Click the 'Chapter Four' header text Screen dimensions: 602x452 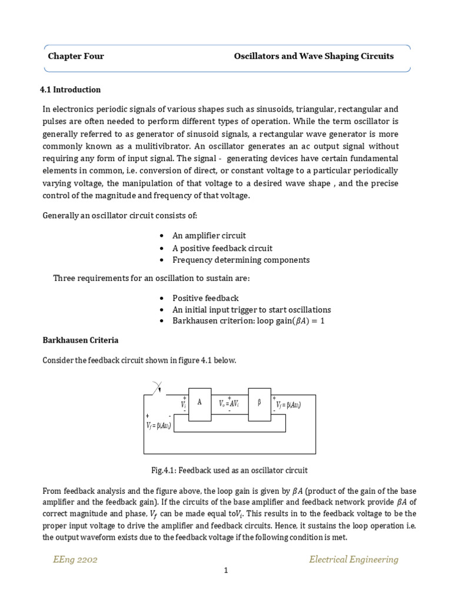(x=75, y=56)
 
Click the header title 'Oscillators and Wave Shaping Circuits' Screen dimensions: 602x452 (x=314, y=56)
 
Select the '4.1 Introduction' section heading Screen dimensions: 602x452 (x=70, y=90)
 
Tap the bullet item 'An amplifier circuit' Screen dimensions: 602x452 (x=209, y=236)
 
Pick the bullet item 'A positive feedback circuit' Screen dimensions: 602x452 (x=222, y=248)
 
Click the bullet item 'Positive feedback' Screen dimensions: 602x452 (x=205, y=298)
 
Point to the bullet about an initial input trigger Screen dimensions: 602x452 (x=251, y=310)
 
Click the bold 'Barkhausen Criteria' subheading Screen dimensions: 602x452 (x=80, y=340)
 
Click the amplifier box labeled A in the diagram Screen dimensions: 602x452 (x=200, y=404)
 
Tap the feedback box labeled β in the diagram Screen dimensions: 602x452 (x=260, y=404)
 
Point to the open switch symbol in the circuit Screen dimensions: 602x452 (x=158, y=389)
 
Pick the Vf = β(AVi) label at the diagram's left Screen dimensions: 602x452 (x=158, y=426)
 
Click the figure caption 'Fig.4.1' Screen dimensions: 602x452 (x=230, y=470)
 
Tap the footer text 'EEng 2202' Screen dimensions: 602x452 (x=75, y=559)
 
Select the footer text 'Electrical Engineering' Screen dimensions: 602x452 (x=353, y=559)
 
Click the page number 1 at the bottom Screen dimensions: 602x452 (x=225, y=587)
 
